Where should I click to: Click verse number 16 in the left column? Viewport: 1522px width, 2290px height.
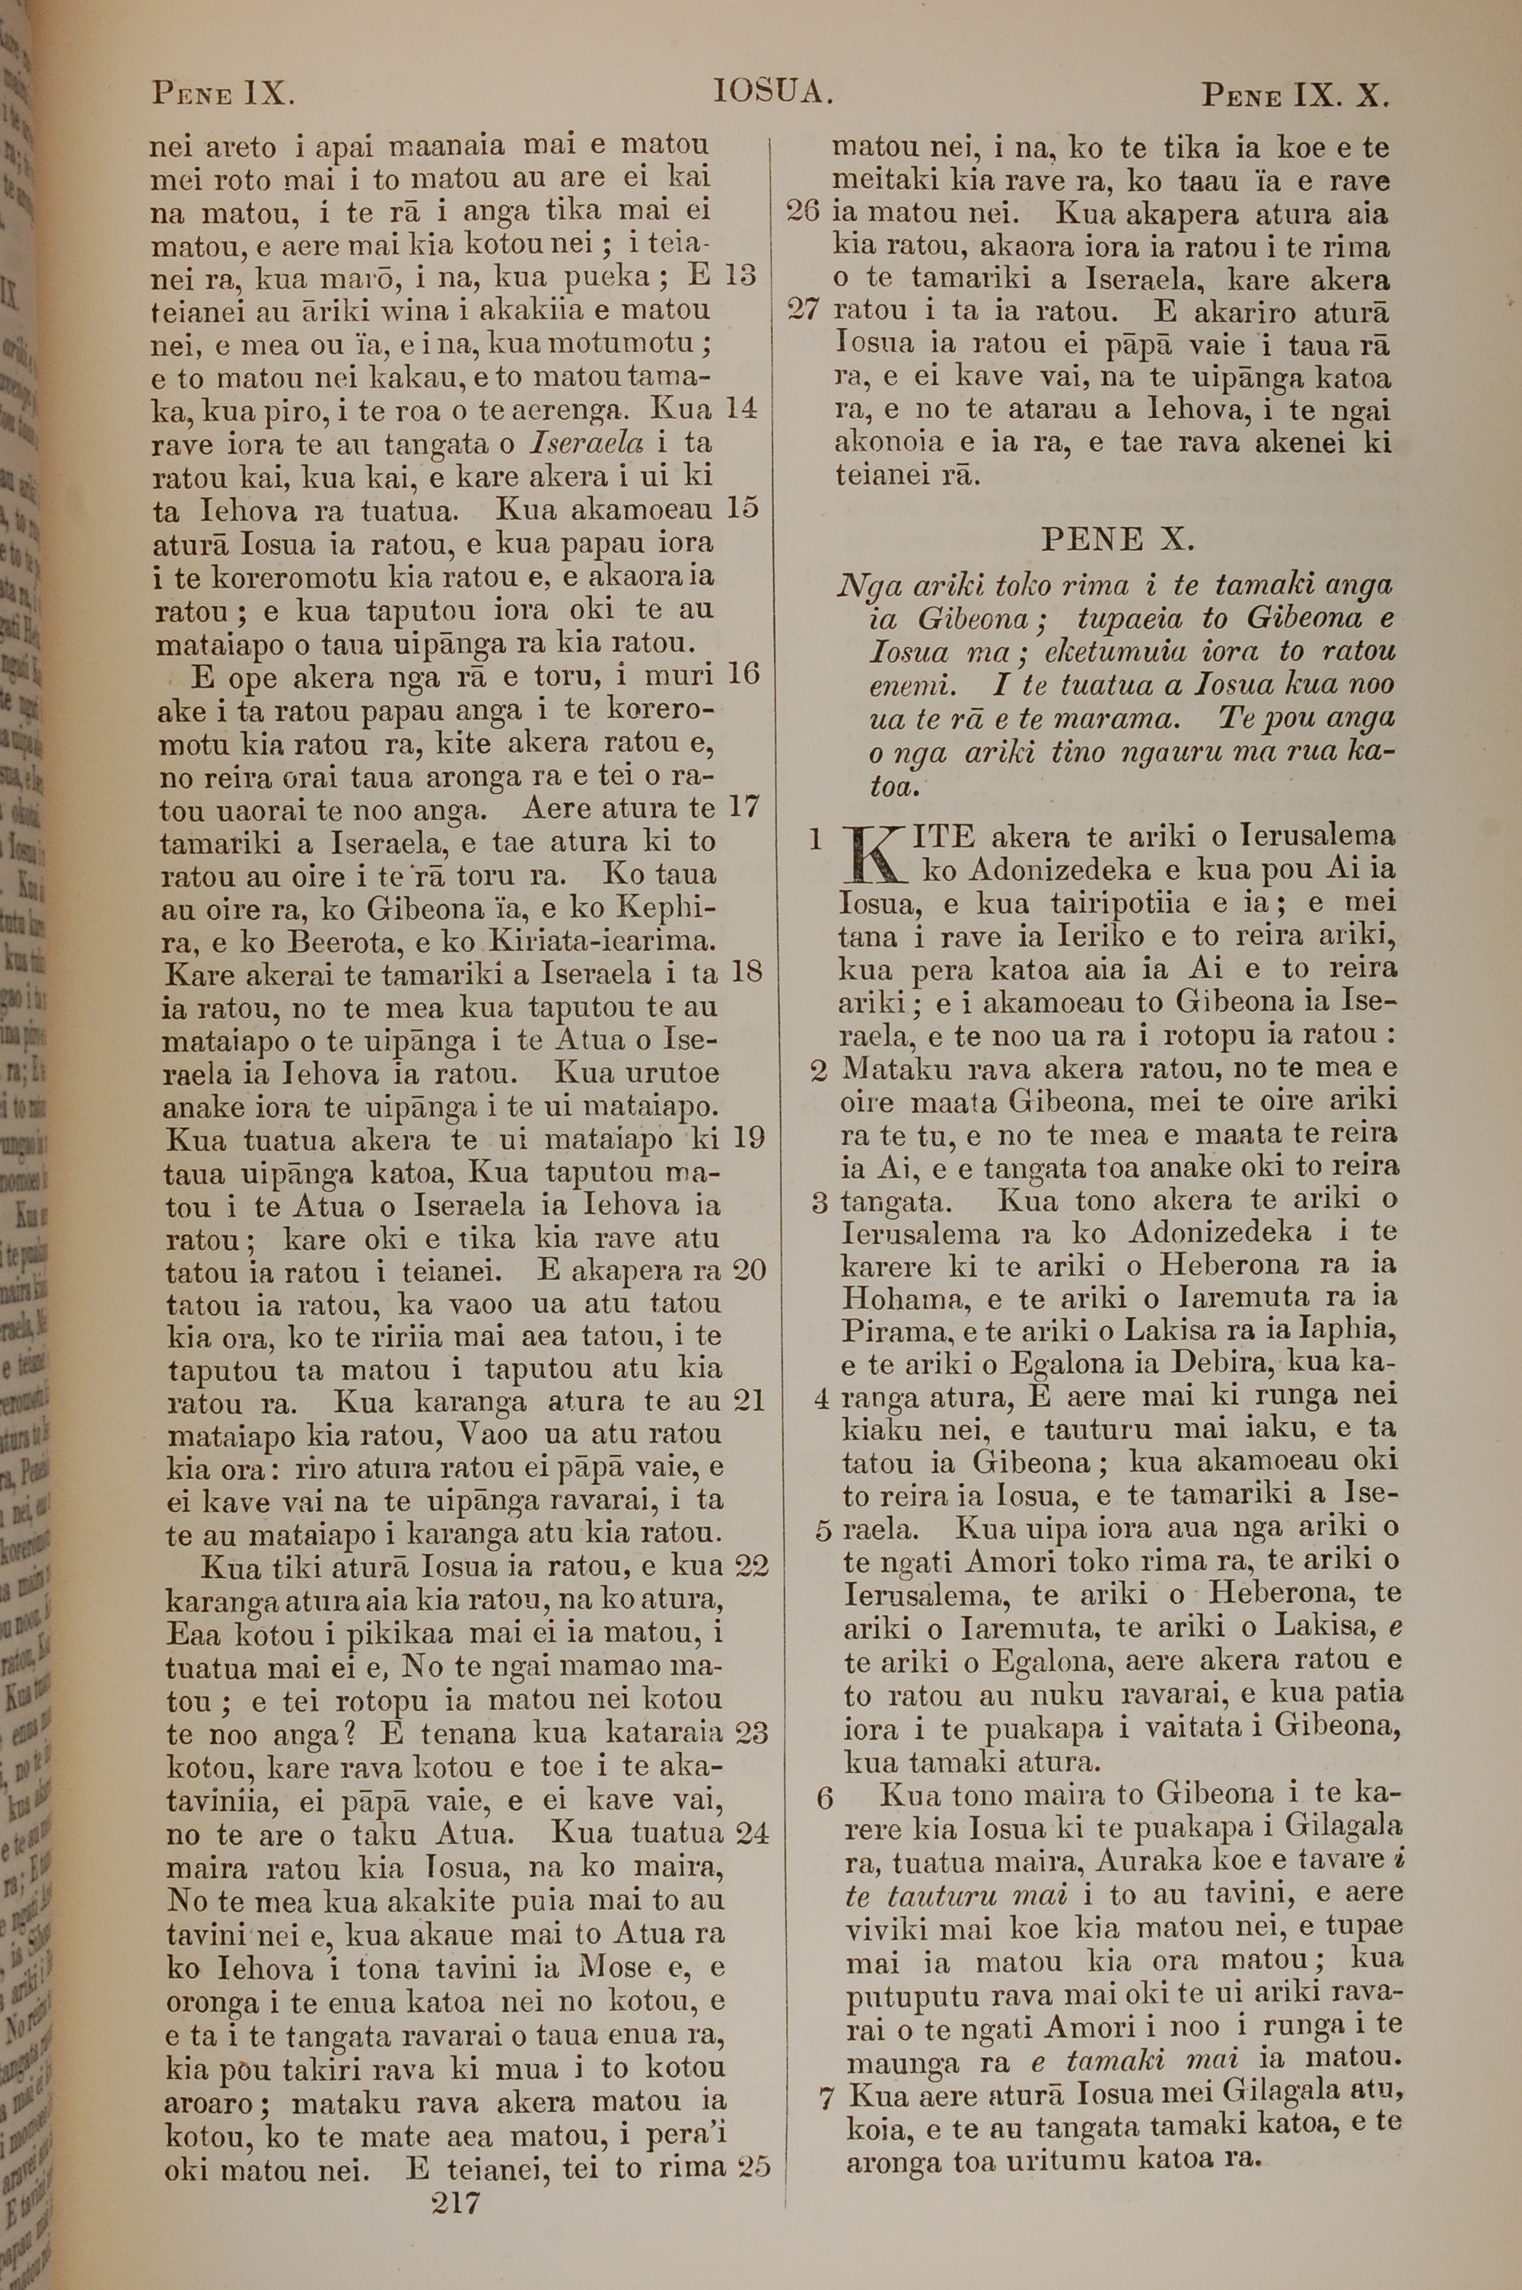point(743,674)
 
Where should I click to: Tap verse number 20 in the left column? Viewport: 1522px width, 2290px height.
point(748,1270)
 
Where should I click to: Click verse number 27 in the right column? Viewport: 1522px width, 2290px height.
point(804,311)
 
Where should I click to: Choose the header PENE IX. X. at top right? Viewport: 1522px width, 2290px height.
point(1297,95)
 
